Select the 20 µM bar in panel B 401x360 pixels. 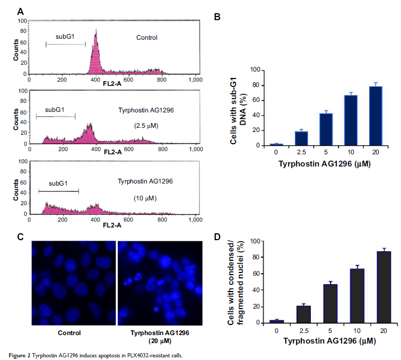click(376, 116)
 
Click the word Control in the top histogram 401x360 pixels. click(147, 38)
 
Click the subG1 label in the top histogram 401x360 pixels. click(66, 37)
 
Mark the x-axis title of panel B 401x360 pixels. click(325, 164)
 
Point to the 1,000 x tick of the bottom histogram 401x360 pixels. click(196, 219)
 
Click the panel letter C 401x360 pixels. click(20, 236)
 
